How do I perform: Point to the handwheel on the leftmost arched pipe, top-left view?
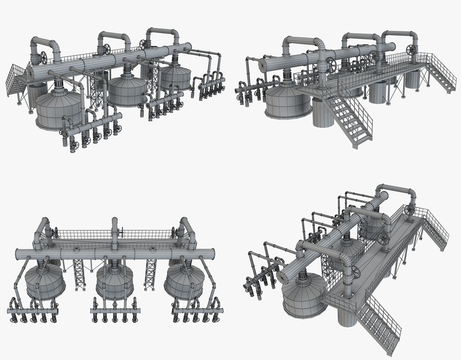tap(44, 57)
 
